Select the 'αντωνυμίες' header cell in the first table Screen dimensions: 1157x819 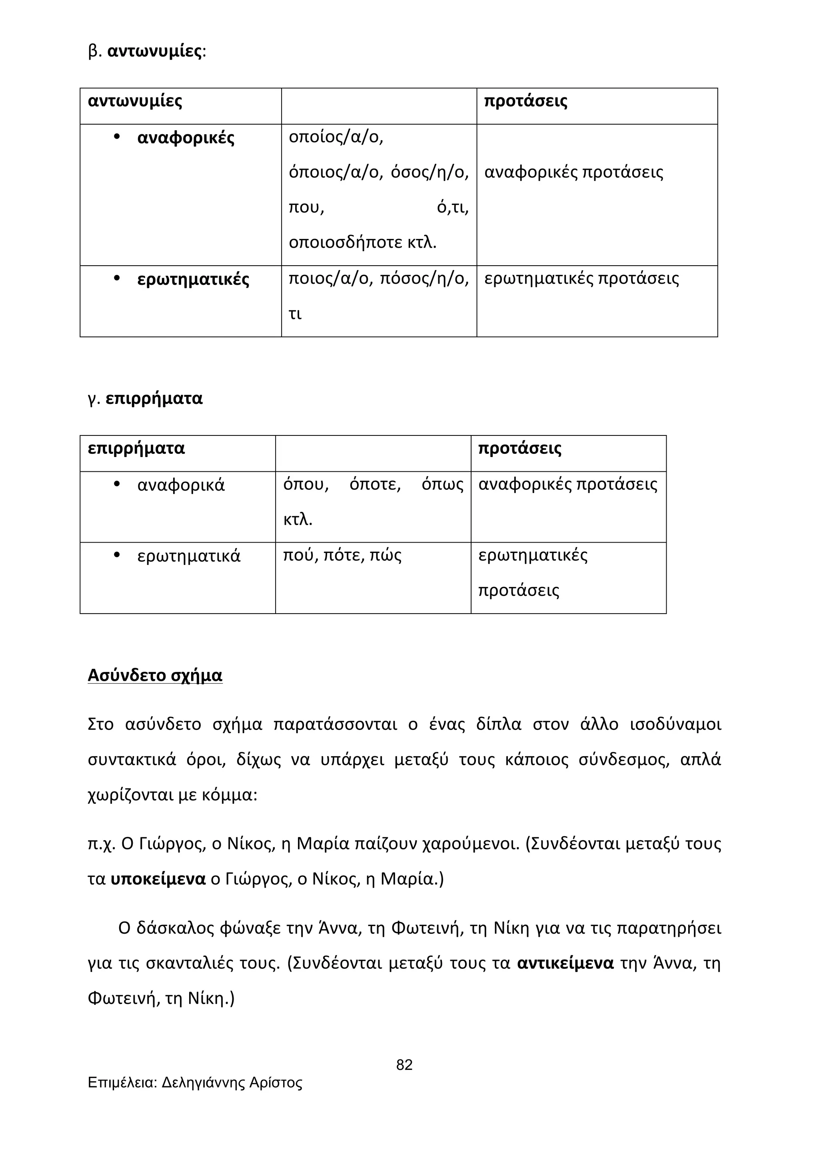click(x=135, y=101)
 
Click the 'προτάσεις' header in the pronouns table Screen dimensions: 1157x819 click(x=525, y=101)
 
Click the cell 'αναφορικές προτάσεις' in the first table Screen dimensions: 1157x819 click(x=573, y=172)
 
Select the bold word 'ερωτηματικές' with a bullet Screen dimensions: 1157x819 click(x=193, y=279)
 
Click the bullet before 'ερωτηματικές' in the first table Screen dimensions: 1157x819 click(x=116, y=278)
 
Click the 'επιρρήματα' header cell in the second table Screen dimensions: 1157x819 click(x=136, y=448)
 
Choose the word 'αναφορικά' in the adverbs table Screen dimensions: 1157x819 click(x=180, y=485)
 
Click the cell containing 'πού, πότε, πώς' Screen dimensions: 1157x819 click(x=342, y=556)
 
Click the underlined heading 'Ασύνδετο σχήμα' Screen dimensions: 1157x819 click(x=155, y=675)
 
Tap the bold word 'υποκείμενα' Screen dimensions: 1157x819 click(x=158, y=879)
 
